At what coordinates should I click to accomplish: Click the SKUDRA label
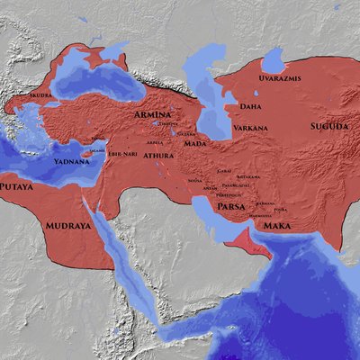pos(41,94)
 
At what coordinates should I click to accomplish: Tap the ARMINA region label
pos(153,116)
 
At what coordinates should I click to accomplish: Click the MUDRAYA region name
pos(68,227)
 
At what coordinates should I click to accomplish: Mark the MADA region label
pos(195,143)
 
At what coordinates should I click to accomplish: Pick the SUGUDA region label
pos(329,127)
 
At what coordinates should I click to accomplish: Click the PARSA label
pos(232,207)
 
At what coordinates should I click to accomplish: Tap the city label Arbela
pos(157,142)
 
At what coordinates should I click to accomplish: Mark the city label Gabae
pos(224,169)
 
